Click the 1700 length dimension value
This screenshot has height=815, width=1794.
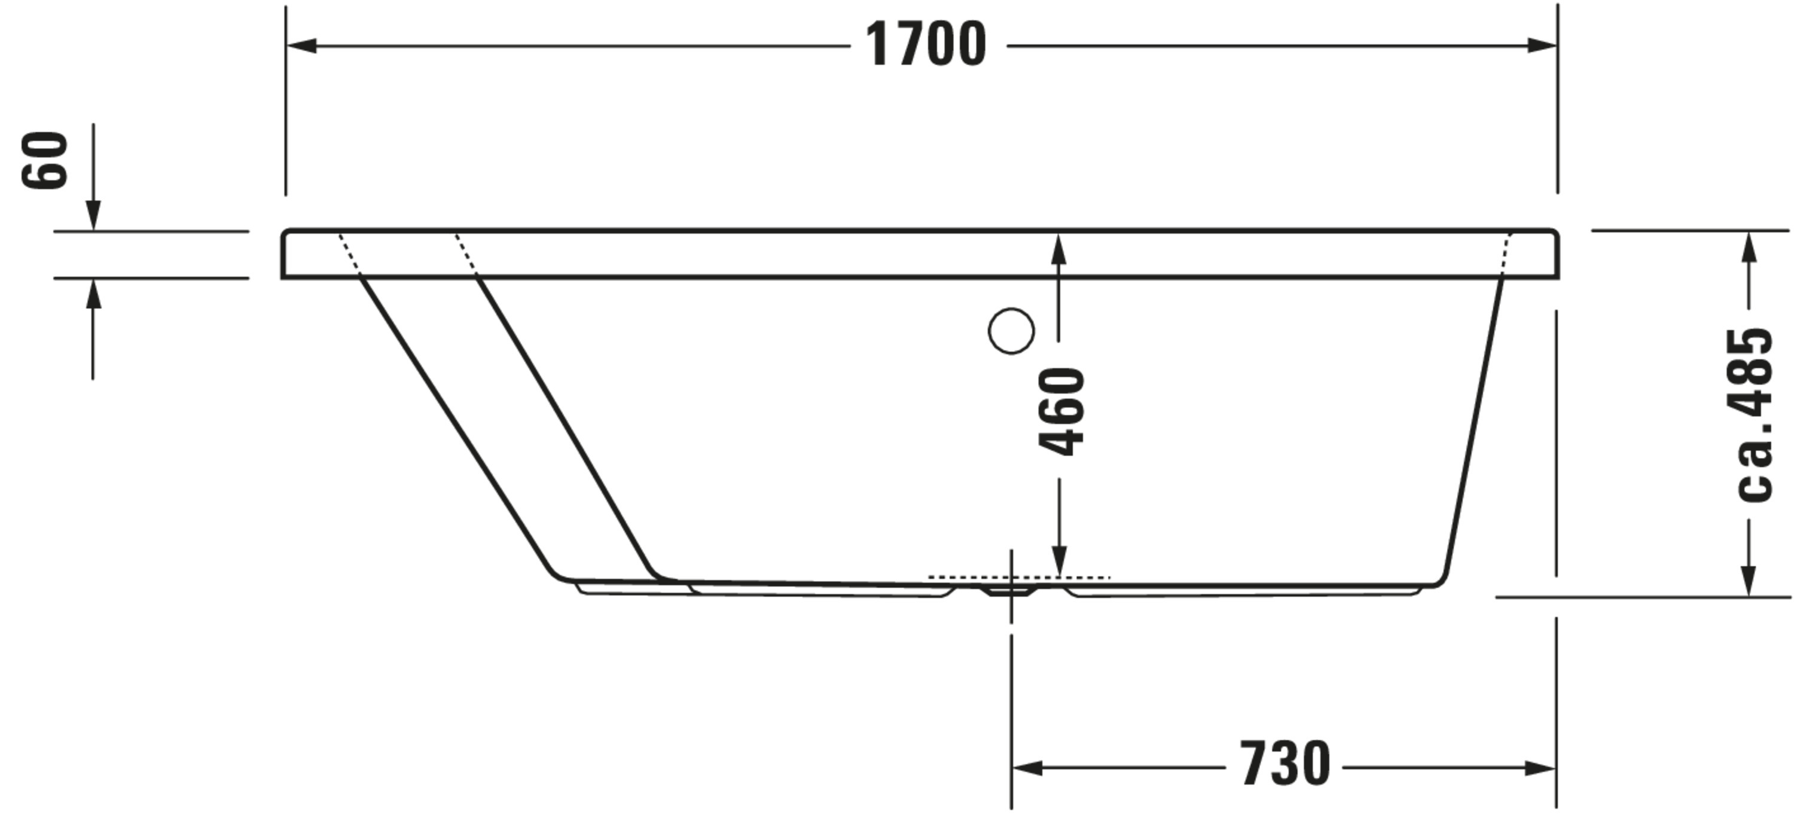click(926, 45)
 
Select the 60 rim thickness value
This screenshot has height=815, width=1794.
click(45, 160)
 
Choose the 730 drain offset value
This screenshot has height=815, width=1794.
click(1285, 764)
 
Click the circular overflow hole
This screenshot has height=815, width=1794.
click(1011, 331)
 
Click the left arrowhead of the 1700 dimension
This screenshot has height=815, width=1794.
click(301, 46)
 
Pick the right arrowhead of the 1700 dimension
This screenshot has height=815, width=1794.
click(1542, 46)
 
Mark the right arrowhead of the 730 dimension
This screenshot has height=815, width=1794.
click(1540, 768)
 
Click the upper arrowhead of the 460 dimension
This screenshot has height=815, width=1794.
click(1058, 249)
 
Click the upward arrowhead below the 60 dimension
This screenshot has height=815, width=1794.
click(93, 295)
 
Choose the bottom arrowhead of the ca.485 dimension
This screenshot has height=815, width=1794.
click(1748, 581)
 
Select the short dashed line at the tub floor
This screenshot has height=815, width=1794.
click(1019, 578)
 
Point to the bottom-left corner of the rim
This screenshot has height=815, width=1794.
click(284, 276)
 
